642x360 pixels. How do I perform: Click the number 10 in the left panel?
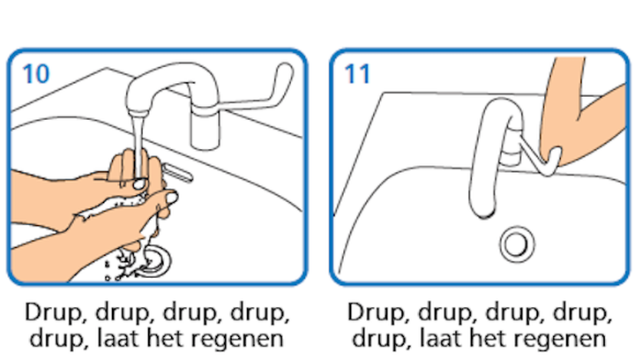pos(36,74)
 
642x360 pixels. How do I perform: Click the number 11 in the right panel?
pos(357,74)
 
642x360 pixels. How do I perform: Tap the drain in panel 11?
pos(517,244)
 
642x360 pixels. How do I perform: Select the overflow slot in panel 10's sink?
pos(178,172)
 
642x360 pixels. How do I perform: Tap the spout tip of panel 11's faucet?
pos(483,211)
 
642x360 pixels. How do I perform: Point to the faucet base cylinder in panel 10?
pos(205,128)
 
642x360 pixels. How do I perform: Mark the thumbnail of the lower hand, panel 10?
pos(172,199)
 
